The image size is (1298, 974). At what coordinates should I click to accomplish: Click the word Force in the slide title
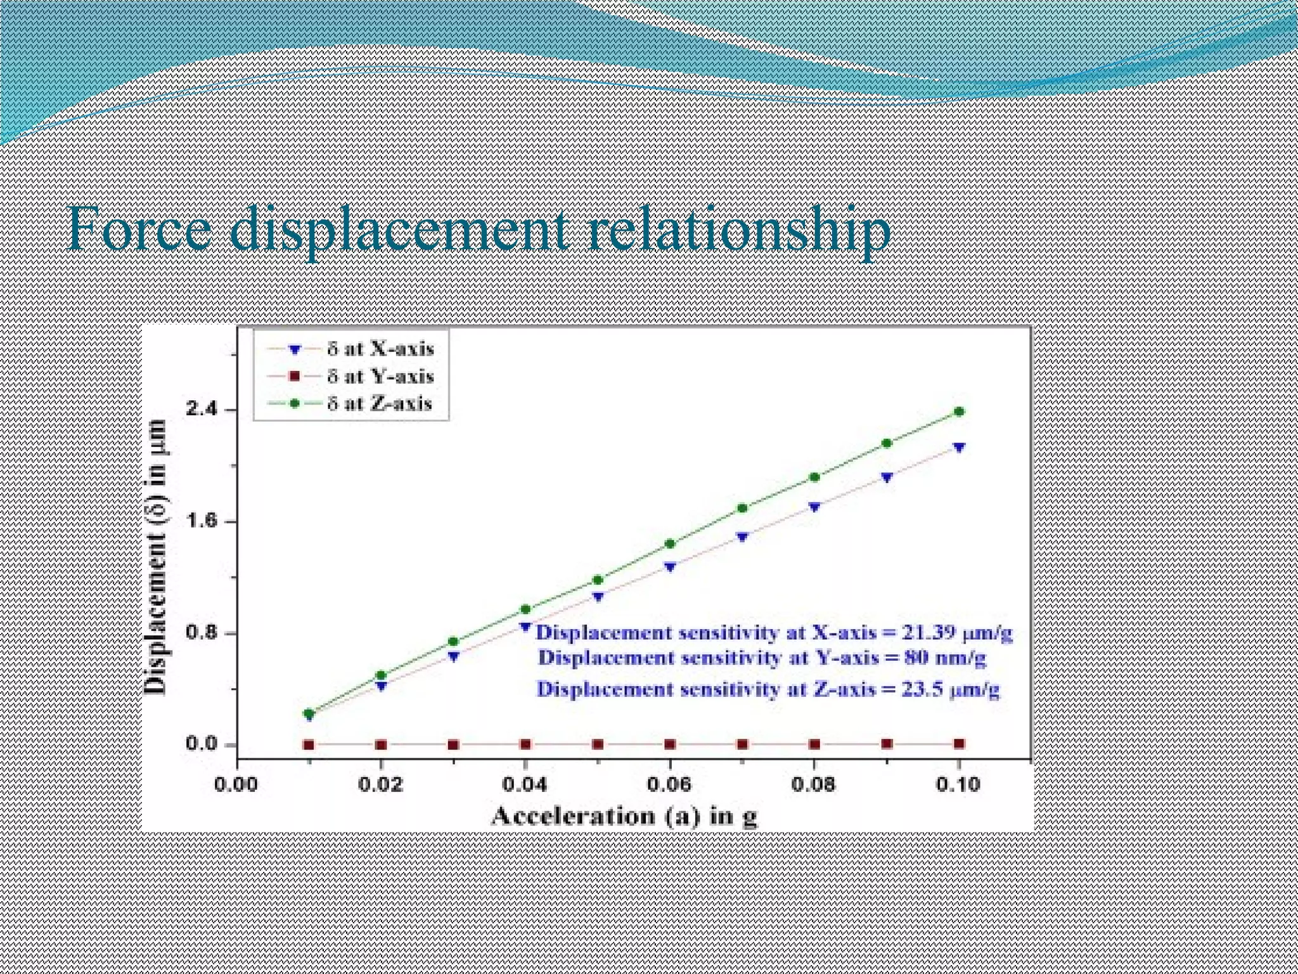[x=138, y=230]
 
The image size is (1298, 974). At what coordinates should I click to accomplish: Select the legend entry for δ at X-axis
[x=380, y=349]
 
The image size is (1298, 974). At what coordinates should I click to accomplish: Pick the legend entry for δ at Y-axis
[x=380, y=376]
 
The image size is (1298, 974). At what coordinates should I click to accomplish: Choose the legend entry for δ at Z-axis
[x=380, y=403]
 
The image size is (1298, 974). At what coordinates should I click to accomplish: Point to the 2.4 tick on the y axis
[x=201, y=410]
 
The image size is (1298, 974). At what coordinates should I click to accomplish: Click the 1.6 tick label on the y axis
[x=201, y=521]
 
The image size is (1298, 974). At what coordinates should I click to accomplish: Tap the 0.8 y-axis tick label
[x=201, y=633]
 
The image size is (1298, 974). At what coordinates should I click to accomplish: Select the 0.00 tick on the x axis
[x=236, y=785]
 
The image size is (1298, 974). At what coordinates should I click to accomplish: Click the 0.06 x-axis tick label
[x=669, y=785]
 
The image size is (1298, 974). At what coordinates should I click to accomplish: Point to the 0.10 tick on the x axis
[x=958, y=785]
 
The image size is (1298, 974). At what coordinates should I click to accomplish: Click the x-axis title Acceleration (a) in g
[x=624, y=815]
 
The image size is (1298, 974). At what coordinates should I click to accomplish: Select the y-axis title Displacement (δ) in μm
[x=156, y=557]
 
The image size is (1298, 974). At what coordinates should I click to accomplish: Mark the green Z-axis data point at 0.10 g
[x=959, y=412]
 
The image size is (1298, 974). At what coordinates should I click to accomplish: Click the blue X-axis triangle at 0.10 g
[x=959, y=448]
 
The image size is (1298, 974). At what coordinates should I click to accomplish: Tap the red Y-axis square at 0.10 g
[x=959, y=744]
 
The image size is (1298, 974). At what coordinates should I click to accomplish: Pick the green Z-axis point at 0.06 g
[x=670, y=543]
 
